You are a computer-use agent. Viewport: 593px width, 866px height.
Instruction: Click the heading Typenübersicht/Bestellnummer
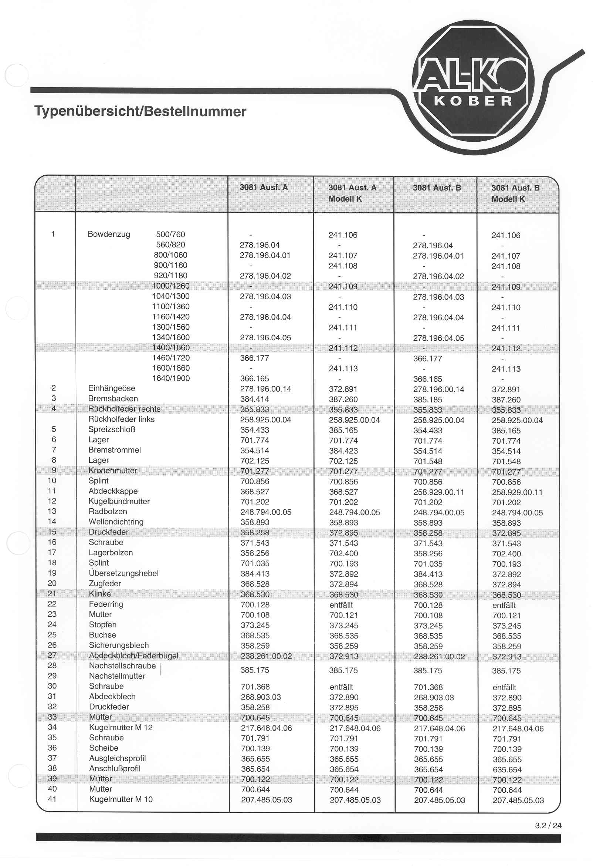[140, 111]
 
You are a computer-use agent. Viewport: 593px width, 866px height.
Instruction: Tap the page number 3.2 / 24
[548, 825]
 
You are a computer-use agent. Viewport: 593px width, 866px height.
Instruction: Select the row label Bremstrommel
[114, 450]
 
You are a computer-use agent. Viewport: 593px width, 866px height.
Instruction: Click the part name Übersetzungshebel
[123, 573]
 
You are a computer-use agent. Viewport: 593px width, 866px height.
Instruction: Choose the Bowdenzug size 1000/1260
[170, 286]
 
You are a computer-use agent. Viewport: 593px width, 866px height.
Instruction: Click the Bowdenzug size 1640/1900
[170, 378]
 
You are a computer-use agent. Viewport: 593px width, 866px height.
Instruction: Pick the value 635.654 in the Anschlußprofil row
[506, 770]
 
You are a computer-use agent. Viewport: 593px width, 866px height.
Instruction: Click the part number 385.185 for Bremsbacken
[428, 400]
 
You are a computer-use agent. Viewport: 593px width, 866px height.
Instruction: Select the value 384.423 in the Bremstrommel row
[343, 451]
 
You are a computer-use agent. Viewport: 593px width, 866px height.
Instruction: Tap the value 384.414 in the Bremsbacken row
[254, 399]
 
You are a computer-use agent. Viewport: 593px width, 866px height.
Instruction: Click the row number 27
[52, 655]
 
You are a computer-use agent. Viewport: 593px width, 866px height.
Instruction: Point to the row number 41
[52, 799]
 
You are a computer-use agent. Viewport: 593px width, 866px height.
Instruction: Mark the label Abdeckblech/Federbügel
[133, 656]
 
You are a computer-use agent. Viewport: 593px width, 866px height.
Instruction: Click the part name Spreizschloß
[112, 429]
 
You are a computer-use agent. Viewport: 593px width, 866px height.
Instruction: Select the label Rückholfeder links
[121, 419]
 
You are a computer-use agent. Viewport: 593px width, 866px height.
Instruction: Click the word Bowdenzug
[109, 234]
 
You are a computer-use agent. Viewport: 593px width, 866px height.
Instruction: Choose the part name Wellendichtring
[116, 522]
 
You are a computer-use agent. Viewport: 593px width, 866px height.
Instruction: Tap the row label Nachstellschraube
[122, 665]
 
